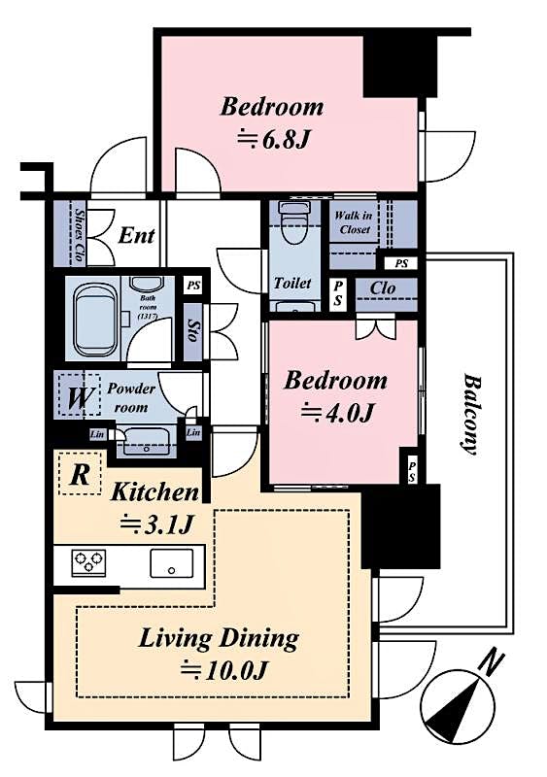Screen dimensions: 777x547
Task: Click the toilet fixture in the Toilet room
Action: pos(291,226)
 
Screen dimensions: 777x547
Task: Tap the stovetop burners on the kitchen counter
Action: pos(86,561)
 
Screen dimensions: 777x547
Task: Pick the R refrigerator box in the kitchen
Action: pos(78,476)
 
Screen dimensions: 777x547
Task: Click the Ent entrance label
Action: pos(136,235)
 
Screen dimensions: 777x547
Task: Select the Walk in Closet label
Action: pos(351,222)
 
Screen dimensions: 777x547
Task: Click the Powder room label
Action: pos(130,396)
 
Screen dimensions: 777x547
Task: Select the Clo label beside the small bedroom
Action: pos(381,288)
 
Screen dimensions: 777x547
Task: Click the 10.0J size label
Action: pos(223,670)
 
